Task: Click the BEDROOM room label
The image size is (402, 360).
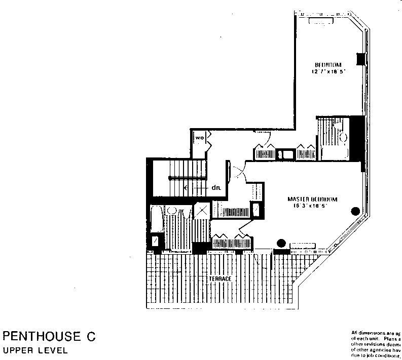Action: coord(327,64)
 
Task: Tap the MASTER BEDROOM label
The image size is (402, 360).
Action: coord(312,199)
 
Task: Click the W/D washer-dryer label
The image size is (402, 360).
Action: coord(199,138)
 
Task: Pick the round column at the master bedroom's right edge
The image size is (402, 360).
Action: coord(355,211)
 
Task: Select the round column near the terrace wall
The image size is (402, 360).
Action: coord(280,243)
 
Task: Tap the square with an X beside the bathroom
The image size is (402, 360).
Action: coord(201,211)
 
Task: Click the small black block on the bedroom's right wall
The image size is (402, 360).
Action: coord(360,59)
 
